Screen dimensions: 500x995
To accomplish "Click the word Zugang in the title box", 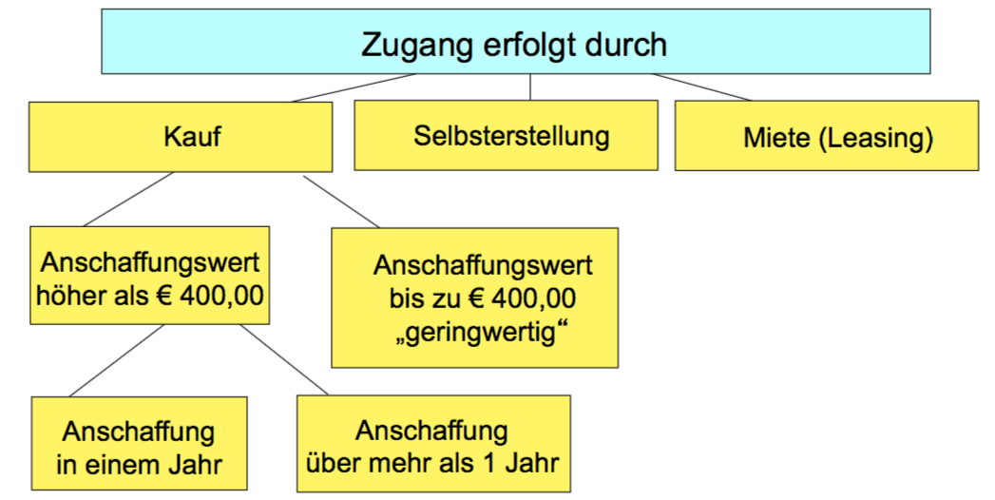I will pos(409,44).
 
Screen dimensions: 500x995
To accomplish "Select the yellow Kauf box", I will pos(181,137).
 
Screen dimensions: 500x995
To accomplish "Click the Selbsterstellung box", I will pos(506,135).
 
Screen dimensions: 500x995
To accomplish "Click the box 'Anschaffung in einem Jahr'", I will pos(139,447).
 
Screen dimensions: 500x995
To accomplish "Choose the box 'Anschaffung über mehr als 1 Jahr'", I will pos(433,446).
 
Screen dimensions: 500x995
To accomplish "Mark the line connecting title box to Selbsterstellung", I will pos(530,87).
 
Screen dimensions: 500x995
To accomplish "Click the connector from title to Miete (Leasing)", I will pos(701,87).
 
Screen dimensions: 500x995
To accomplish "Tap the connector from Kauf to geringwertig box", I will pos(340,201).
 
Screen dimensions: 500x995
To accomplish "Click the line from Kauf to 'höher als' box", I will pos(129,200).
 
